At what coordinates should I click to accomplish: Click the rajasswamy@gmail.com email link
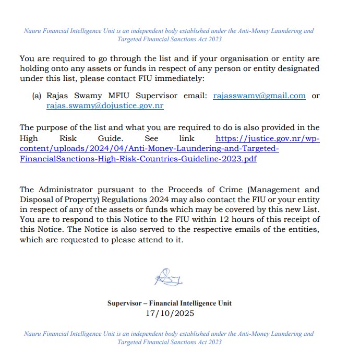259,96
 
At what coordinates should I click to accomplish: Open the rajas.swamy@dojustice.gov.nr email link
105,105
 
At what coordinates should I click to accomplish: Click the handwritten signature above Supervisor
168,277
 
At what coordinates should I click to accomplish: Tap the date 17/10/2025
170,313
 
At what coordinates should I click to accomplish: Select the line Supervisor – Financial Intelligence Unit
170,303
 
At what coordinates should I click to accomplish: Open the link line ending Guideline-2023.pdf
138,158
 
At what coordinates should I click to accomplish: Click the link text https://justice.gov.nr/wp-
268,138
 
